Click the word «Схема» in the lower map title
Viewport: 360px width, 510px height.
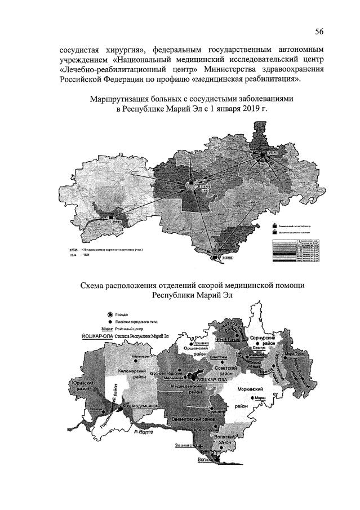coord(95,286)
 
